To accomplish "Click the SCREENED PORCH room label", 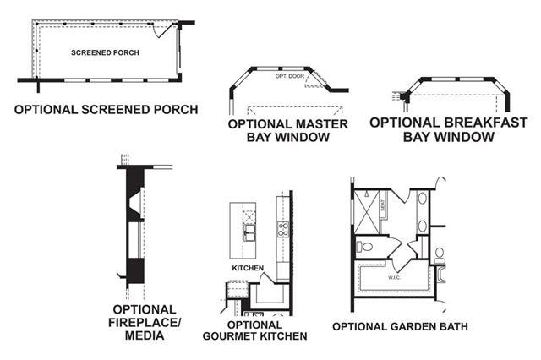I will coord(105,52).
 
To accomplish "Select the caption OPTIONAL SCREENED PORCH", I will coord(106,110).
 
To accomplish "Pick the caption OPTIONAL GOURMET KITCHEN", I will coord(255,330).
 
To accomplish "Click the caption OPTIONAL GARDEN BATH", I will coord(400,326).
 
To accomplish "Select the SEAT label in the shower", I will coord(383,203).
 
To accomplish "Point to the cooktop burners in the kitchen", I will coord(283,228).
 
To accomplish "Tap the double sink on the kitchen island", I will coord(251,231).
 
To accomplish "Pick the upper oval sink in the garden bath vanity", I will coord(422,199).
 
